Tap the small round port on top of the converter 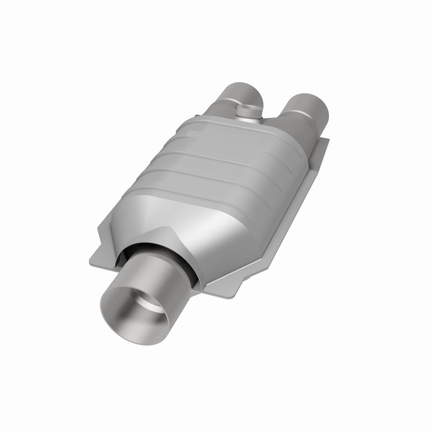(x=248, y=111)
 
